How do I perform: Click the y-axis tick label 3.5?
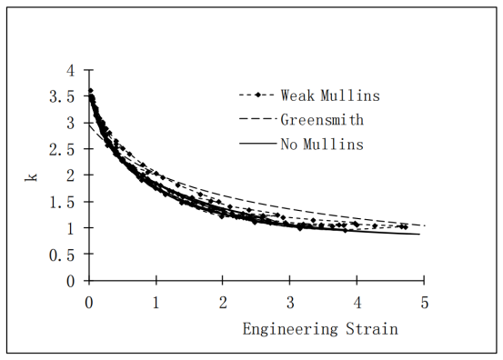[62, 96]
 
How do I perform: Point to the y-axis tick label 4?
[71, 70]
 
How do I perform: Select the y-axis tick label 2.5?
[62, 149]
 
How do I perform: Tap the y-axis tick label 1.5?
[62, 203]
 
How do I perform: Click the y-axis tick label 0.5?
[62, 255]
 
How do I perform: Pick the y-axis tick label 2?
[71, 175]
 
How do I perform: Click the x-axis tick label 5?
[425, 303]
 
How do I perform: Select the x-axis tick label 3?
[290, 303]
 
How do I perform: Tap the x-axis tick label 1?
[156, 303]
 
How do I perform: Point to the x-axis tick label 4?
[357, 303]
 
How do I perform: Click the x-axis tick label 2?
[223, 303]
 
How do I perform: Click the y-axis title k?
[31, 177]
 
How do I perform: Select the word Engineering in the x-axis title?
[290, 330]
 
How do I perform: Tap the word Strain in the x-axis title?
[372, 329]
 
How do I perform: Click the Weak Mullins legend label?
[330, 95]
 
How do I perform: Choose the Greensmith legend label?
[322, 120]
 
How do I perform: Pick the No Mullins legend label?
[322, 145]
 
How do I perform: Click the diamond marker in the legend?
[257, 95]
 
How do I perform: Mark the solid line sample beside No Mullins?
[257, 144]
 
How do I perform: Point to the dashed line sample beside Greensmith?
[257, 119]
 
